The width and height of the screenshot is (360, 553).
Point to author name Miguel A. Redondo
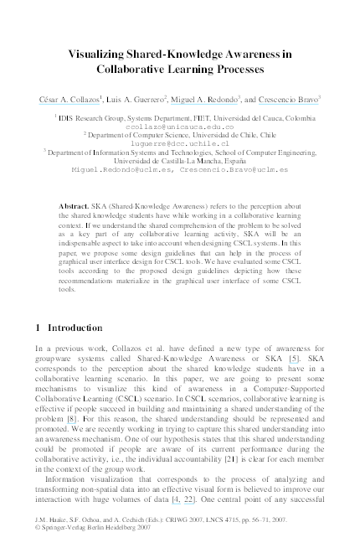203,100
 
